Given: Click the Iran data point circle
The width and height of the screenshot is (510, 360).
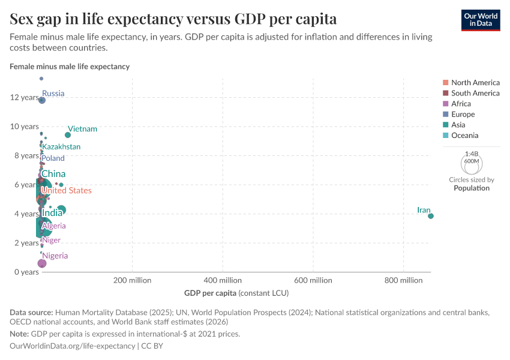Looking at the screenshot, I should point(431,216).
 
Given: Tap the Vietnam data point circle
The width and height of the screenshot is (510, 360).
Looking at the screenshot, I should point(68,135).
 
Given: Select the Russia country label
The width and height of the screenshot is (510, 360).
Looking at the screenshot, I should point(53,94).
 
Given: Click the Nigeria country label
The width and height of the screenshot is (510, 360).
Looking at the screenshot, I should point(55,256).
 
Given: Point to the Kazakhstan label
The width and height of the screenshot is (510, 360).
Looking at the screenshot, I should point(61,147).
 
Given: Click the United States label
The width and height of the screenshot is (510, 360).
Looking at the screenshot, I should point(67,191).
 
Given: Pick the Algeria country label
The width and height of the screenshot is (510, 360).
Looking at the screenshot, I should point(54,226).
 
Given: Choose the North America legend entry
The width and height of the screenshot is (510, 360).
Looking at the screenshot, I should point(475,83).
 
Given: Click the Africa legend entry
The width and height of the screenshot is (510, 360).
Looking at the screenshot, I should point(461,104).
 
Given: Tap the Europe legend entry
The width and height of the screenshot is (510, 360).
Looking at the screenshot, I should point(463,115).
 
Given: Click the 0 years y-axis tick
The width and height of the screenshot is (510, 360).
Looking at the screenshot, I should point(26,272).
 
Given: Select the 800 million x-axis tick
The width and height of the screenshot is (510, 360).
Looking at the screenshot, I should point(403,280).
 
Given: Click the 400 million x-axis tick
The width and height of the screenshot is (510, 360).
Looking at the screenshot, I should point(223,280).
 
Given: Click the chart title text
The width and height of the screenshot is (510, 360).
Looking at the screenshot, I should point(173,19).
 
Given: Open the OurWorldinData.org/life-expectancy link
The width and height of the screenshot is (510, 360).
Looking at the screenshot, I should point(73,346).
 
